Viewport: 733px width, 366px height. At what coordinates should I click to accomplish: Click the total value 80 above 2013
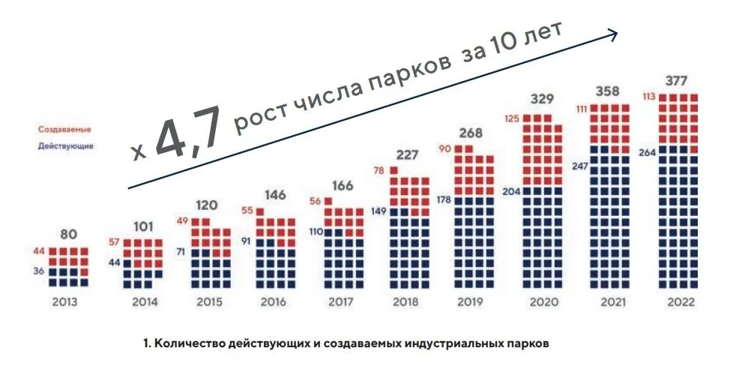[x=68, y=234]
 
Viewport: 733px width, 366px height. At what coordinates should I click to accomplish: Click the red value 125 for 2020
[x=513, y=118]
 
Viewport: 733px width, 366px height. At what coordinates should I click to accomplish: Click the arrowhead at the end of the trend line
[x=613, y=33]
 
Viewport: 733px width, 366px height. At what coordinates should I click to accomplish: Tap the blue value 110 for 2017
[x=316, y=232]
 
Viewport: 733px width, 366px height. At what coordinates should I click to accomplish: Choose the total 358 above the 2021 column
[x=607, y=91]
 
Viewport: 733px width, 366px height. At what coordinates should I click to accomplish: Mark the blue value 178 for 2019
[x=444, y=199]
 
